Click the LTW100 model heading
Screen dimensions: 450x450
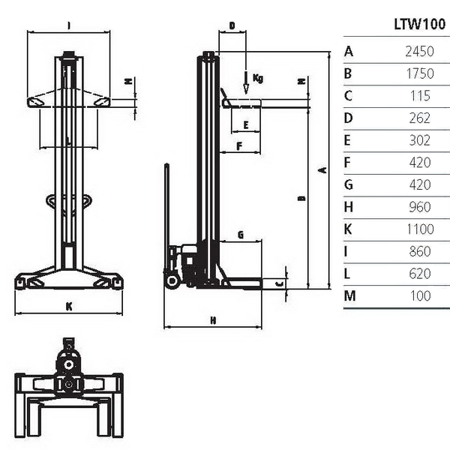(419, 25)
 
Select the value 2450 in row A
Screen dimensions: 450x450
(419, 51)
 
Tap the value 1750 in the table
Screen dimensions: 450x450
(420, 73)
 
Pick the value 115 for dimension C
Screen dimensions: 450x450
(420, 96)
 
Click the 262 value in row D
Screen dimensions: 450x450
(420, 118)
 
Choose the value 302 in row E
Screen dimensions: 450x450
(420, 140)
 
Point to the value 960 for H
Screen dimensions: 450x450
(420, 207)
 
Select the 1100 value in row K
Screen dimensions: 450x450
(420, 229)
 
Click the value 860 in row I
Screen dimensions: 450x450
(420, 251)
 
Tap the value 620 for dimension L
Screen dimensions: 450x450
(420, 274)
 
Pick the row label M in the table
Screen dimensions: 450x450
(349, 296)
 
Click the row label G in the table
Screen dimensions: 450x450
(349, 184)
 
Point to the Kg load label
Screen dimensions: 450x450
(258, 78)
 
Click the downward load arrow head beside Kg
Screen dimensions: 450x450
(246, 89)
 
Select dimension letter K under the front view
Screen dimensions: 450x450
(69, 307)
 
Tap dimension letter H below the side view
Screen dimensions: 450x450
(213, 320)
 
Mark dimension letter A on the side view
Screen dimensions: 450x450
(323, 170)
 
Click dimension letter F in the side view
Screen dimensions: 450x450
(239, 146)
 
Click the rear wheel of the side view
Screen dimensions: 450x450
(172, 281)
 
